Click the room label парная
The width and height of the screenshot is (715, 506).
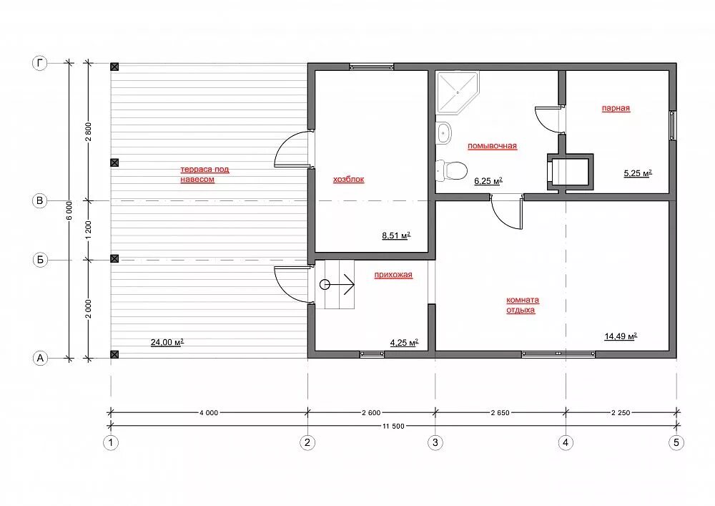[x=616, y=108]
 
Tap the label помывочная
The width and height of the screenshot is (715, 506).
[x=492, y=146]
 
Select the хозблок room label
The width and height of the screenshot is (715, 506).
[x=348, y=180]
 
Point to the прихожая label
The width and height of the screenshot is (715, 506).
[x=393, y=275]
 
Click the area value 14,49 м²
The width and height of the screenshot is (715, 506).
[x=621, y=336]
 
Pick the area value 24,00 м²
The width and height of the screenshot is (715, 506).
[x=167, y=342]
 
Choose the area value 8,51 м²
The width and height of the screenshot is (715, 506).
[x=396, y=235]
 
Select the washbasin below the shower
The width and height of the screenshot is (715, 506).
[x=443, y=133]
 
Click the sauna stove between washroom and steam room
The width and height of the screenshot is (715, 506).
[x=571, y=172]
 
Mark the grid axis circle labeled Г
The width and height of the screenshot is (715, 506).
[x=40, y=63]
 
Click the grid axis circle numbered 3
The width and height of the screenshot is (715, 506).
[x=435, y=442]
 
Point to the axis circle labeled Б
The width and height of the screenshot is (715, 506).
[x=40, y=260]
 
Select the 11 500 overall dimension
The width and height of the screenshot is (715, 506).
[x=393, y=426]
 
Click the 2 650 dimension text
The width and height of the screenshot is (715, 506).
[x=500, y=412]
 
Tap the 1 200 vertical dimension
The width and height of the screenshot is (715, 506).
[x=89, y=230]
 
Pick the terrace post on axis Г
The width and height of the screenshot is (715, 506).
[x=114, y=67]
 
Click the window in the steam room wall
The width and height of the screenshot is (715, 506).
[x=673, y=124]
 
